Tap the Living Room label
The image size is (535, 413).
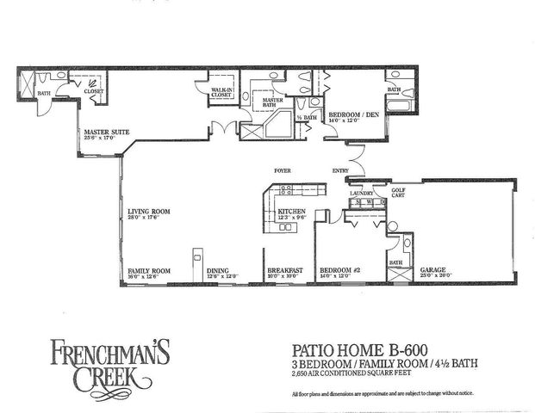tap(146, 210)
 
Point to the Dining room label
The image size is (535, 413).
tap(218, 270)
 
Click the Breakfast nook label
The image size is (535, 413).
tap(284, 270)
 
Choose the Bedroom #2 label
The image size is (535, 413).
tap(339, 270)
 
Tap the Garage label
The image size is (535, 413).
tap(432, 270)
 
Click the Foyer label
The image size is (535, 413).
tap(282, 171)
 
